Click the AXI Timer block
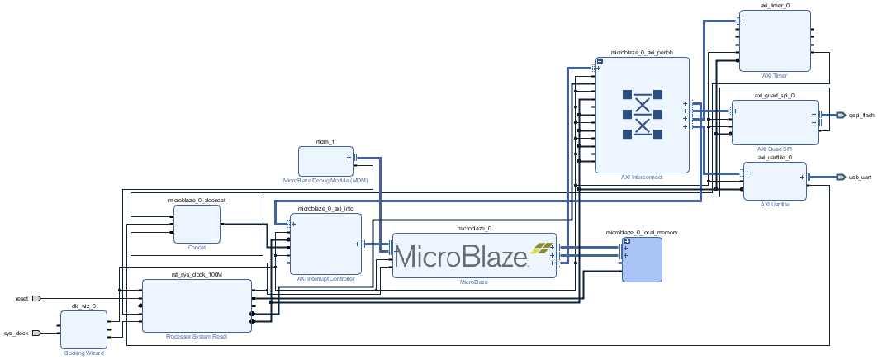774,40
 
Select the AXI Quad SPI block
774,122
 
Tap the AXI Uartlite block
776,181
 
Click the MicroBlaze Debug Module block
325,160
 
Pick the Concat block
197,225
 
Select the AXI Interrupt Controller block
325,244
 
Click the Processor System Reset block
197,306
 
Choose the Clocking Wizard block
83,329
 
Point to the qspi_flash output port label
861,116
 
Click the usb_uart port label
859,177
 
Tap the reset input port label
21,298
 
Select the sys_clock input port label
17,334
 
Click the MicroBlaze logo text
460,256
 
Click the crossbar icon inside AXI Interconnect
642,114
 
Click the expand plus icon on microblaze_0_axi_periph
600,61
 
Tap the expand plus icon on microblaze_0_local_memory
626,241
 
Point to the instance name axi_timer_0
775,5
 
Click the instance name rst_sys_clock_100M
197,275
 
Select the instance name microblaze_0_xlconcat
197,200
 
